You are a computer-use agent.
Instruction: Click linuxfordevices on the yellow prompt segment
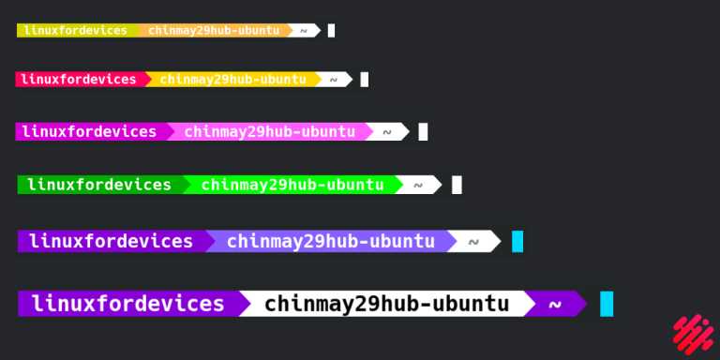point(76,30)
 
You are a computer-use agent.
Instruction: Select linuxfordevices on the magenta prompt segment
point(90,131)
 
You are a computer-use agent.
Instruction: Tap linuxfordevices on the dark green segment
point(99,185)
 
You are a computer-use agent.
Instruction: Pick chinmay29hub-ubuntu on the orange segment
point(214,30)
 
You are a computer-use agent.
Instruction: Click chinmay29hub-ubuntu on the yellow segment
point(232,80)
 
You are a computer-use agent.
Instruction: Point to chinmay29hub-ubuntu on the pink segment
point(269,131)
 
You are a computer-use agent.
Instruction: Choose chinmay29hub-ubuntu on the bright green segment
point(292,185)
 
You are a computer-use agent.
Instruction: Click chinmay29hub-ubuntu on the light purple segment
point(331,241)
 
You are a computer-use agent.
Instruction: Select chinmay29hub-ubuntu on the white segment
point(386,304)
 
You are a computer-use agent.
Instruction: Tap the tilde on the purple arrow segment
point(554,304)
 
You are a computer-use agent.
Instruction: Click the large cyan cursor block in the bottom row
point(607,304)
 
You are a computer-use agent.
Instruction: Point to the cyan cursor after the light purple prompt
point(517,241)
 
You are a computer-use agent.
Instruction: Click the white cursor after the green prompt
point(457,185)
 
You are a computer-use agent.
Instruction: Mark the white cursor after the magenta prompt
point(423,131)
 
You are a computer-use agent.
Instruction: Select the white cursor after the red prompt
point(365,80)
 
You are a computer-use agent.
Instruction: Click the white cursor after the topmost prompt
point(331,31)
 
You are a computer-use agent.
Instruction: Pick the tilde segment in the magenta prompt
point(385,131)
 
